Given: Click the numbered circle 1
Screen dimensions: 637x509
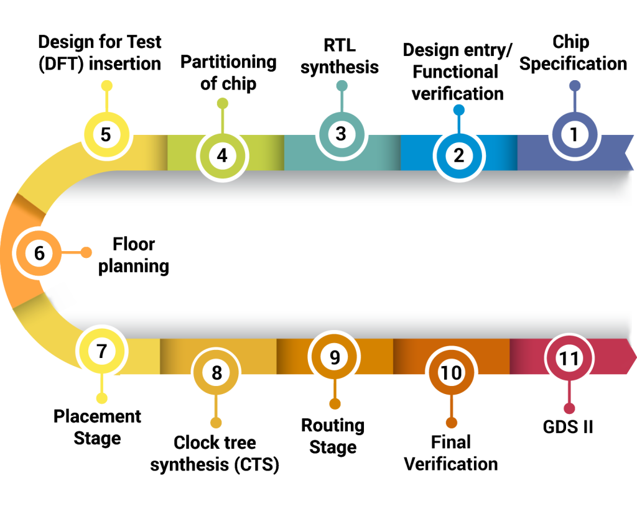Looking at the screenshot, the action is point(574,134).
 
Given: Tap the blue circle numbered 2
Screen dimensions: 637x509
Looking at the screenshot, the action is point(458,156).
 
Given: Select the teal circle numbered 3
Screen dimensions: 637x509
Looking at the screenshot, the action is point(342,134).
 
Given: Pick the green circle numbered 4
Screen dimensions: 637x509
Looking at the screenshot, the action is point(222,156).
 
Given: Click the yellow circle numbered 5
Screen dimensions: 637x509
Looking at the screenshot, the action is point(106,134).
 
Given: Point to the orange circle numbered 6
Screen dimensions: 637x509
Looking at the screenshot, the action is point(39,253).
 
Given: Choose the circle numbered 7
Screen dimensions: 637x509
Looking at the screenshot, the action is point(102,351).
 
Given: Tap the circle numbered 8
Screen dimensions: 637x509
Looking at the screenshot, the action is point(216,373).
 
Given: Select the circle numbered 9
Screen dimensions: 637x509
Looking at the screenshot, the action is point(334,357).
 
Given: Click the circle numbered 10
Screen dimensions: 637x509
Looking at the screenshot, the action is point(452,373).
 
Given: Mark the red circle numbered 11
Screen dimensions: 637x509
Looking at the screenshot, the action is point(569,358).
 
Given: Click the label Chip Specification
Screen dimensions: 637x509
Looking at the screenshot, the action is point(573,53).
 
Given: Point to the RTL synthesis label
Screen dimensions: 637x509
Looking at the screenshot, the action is point(340,57).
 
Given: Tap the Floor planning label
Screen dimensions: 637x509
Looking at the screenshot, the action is point(134,255).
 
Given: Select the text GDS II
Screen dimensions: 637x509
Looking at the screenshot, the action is point(568,427).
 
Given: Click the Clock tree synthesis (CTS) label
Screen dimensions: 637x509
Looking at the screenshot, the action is point(215,454).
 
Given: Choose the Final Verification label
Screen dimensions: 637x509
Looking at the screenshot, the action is point(451,453).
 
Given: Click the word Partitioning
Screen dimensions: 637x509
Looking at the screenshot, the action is point(228,62).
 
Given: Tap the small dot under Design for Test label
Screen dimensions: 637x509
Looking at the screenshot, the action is point(106,86).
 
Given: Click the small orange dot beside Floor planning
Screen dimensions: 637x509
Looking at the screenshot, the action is point(86,252).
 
